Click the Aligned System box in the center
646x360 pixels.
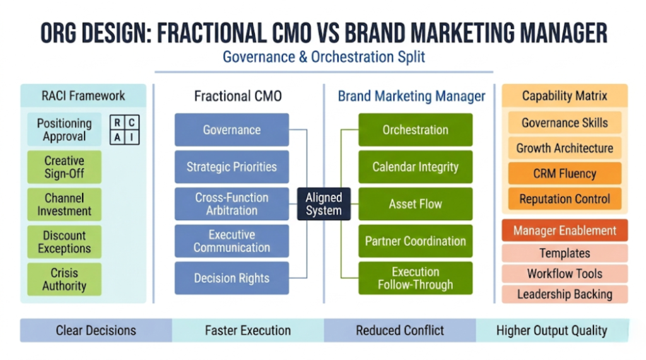point(324,204)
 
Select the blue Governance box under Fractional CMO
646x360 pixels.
point(232,130)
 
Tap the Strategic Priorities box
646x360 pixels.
point(232,167)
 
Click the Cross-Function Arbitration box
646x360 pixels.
point(232,204)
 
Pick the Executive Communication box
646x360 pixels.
point(232,241)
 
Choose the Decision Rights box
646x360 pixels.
point(232,278)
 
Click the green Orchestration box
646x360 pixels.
point(415,130)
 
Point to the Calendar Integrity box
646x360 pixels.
point(415,167)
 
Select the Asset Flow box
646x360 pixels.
point(415,204)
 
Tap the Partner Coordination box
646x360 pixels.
point(415,241)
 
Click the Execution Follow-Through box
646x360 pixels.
point(415,278)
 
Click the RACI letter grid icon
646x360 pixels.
point(124,130)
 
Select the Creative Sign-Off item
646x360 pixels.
point(64,167)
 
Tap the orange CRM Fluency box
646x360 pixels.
point(565,173)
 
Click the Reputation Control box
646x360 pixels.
point(565,199)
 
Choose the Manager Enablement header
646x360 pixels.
point(565,230)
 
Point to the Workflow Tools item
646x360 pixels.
point(565,274)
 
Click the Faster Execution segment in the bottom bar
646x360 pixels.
point(248,330)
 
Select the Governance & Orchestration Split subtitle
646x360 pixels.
point(324,57)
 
